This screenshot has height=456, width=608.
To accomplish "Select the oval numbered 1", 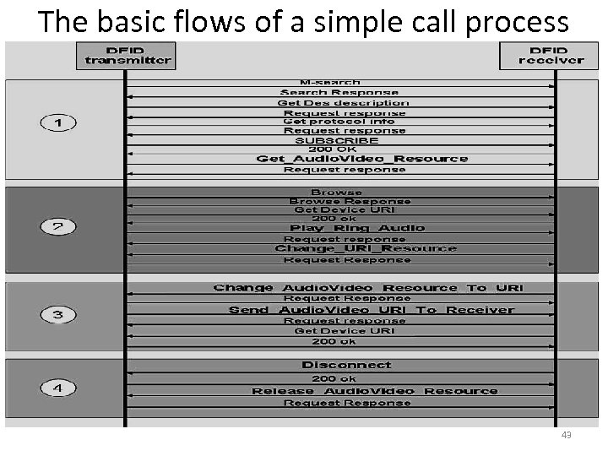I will coord(58,123).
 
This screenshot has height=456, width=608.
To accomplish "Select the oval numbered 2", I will coord(58,226).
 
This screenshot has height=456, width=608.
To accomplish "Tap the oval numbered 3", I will coord(58,315).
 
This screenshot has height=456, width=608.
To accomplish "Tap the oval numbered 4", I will coord(58,389).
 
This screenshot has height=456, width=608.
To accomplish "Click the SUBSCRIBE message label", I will coord(337,140).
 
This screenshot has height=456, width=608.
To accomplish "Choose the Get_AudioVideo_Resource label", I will coord(361,159).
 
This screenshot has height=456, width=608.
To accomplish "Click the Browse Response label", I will coord(350,202).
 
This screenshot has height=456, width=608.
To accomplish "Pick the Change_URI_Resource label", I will coord(366,248).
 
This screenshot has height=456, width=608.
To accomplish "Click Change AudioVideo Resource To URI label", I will coord(368,288).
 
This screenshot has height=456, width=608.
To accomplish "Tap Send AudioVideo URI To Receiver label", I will coord(372,310).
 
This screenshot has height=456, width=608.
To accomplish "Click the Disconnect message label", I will coord(346,365).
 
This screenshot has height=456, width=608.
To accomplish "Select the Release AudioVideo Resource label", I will coord(375,391).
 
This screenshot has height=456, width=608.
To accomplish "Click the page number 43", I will coord(566,435).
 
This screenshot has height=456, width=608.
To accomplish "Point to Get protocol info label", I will coord(339,122).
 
